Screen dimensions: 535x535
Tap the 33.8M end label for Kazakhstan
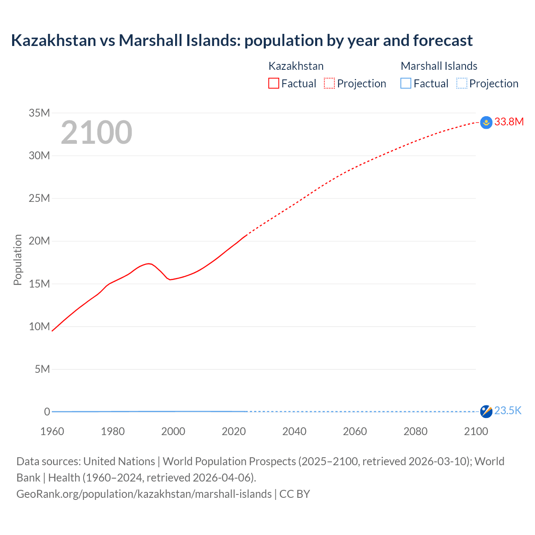(x=509, y=122)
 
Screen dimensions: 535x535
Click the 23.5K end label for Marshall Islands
(x=507, y=411)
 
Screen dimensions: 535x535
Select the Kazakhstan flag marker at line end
(x=486, y=122)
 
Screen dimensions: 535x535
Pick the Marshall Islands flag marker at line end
(x=486, y=412)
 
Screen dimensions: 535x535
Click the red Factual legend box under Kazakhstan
(x=273, y=83)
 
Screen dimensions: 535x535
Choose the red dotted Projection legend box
(x=329, y=83)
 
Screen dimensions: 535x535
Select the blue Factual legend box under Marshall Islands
(x=405, y=83)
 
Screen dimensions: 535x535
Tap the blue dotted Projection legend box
(x=461, y=83)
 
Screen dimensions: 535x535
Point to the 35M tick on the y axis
(x=39, y=113)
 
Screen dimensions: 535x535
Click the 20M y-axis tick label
(x=39, y=241)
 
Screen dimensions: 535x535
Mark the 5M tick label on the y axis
(x=42, y=369)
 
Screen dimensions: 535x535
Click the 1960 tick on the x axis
(x=52, y=431)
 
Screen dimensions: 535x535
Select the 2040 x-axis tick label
(x=294, y=431)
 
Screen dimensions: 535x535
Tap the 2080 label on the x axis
(x=415, y=431)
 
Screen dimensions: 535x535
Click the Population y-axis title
(x=18, y=260)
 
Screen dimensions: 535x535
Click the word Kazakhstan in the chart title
(x=53, y=41)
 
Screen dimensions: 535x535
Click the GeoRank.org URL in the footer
(x=144, y=494)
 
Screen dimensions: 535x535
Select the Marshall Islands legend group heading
(x=439, y=66)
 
